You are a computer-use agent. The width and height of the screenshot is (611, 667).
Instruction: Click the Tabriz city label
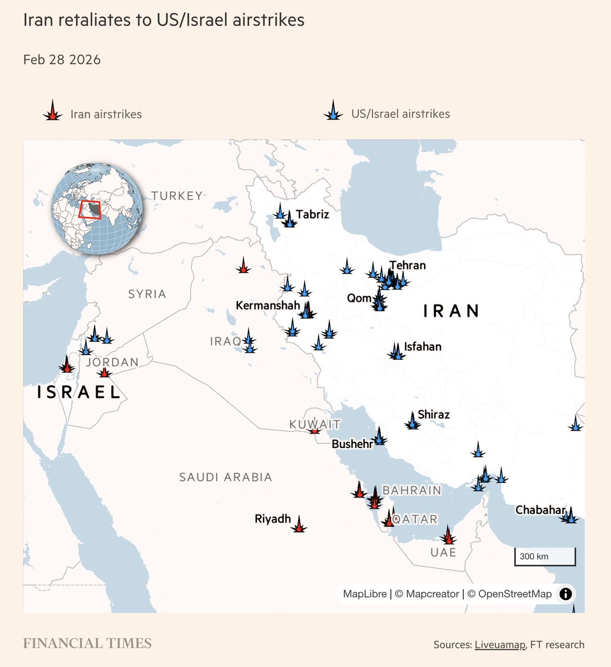(312, 214)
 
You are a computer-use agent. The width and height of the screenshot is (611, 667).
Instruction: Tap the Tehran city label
(408, 265)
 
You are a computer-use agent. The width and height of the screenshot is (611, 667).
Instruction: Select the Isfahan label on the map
(423, 347)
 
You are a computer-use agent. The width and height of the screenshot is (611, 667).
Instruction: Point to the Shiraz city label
(434, 415)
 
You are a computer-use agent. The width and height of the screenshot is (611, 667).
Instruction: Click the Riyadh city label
(272, 519)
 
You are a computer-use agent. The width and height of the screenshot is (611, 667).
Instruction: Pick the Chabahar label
(540, 510)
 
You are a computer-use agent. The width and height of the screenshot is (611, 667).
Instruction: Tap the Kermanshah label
(268, 305)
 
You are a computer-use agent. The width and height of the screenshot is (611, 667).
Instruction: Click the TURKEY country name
(177, 196)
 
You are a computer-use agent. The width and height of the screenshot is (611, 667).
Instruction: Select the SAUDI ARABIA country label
(226, 477)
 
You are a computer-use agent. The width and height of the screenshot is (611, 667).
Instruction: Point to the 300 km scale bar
(545, 556)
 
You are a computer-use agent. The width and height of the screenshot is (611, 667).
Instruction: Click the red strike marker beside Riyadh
(299, 525)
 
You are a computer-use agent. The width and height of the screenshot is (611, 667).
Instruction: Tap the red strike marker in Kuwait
(315, 430)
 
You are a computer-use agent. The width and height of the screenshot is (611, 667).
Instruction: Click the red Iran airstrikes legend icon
(52, 112)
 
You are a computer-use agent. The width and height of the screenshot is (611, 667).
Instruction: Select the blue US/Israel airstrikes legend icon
(333, 112)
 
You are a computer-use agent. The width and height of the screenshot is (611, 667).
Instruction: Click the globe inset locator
(97, 209)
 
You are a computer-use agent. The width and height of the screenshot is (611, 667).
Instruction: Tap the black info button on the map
(565, 594)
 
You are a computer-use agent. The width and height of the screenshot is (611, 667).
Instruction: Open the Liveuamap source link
(500, 645)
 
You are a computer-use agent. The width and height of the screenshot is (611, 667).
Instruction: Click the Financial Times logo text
(87, 644)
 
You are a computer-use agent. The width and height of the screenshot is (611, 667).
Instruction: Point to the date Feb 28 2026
(62, 60)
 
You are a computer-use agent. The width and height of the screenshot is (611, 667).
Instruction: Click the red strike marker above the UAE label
(448, 536)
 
